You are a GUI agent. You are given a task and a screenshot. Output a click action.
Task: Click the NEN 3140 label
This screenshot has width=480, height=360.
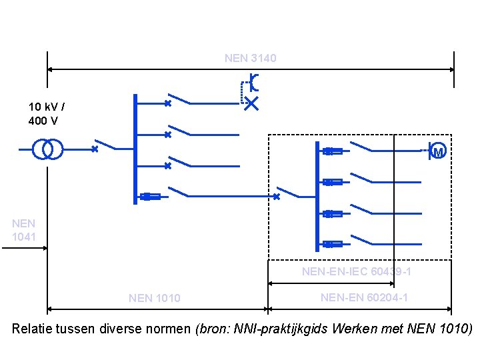[x=250, y=59]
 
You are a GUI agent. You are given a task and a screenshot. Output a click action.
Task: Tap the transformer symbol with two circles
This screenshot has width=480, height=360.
[x=48, y=149]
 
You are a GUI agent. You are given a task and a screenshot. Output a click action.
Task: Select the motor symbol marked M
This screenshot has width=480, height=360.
[x=437, y=151]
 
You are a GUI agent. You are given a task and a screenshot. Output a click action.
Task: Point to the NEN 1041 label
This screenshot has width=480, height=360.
[x=24, y=230]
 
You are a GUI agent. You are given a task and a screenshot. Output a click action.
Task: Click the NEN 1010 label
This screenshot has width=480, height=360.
[x=154, y=298]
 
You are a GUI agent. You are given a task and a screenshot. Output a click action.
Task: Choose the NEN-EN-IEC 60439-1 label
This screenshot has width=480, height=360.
[x=356, y=272]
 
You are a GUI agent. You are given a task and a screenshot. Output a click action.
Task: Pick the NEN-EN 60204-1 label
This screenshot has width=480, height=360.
[x=364, y=297]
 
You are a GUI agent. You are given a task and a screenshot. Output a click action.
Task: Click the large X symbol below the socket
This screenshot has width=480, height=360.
[x=251, y=103]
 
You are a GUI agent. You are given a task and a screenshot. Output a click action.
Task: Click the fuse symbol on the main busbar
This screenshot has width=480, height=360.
[x=150, y=196]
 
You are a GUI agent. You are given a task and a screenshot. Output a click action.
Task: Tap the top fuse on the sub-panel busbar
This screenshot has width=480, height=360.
[x=332, y=151]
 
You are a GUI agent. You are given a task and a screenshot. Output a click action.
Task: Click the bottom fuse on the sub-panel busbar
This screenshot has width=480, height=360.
[x=332, y=244]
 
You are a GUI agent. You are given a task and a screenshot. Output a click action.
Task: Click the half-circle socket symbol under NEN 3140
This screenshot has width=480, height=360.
[x=253, y=83]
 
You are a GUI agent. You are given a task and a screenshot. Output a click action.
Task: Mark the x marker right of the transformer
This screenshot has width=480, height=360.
[x=95, y=149]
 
